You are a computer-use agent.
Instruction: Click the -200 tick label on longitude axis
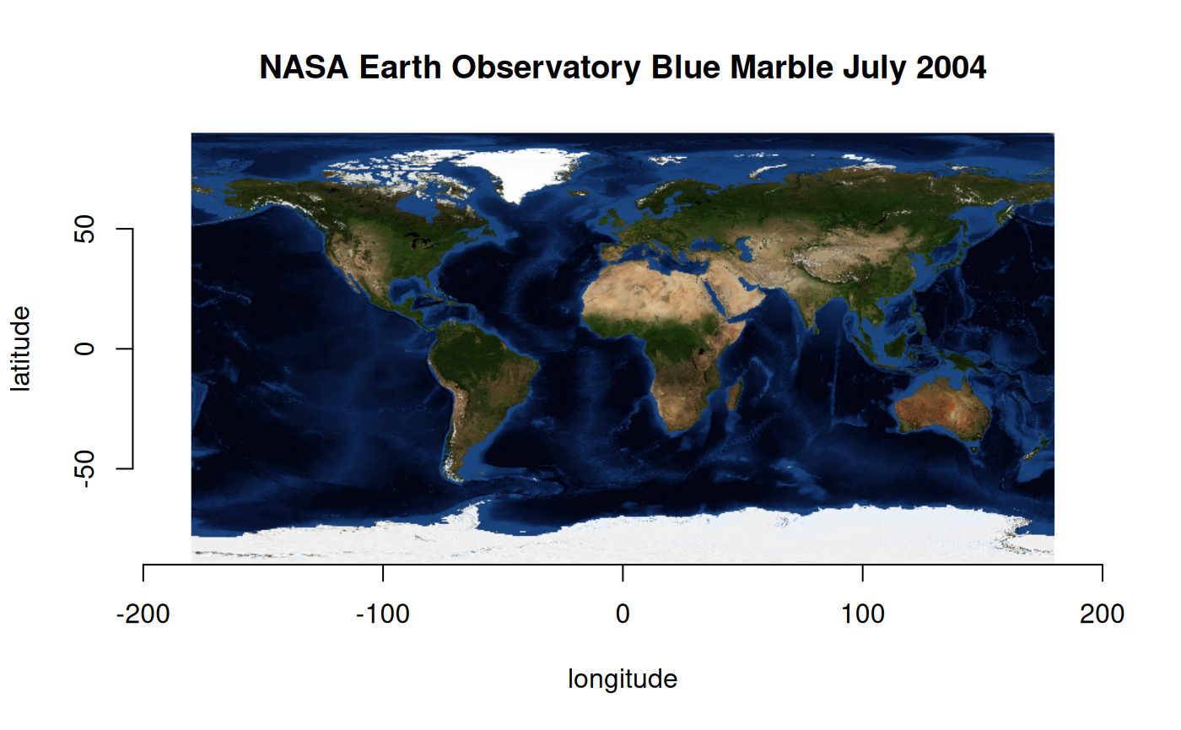[x=143, y=614]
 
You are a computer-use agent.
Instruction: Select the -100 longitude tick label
[x=383, y=614]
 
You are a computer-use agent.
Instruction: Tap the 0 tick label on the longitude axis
[x=623, y=614]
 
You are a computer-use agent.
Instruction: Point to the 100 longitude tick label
[x=862, y=614]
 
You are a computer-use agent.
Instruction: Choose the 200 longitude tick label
[x=1102, y=614]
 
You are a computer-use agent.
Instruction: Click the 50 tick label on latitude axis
[x=84, y=229]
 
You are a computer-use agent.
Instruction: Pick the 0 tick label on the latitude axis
[x=84, y=348]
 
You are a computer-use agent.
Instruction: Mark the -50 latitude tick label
[x=84, y=468]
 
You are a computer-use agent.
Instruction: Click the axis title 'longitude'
[x=623, y=679]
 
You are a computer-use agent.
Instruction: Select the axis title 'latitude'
[x=21, y=348]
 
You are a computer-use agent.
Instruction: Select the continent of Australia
[x=942, y=409]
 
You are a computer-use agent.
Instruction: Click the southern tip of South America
[x=456, y=477]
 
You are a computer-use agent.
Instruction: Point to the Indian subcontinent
[x=810, y=300]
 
